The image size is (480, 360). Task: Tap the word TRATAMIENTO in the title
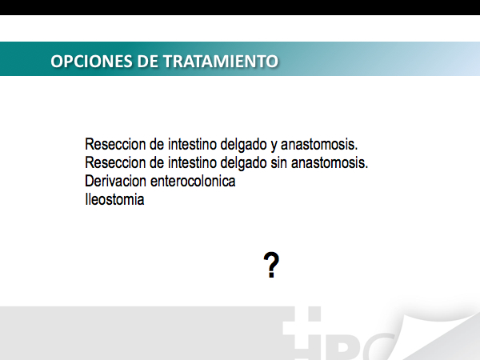tap(221, 61)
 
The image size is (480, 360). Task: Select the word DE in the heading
tap(147, 61)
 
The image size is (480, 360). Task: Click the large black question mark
tap(271, 265)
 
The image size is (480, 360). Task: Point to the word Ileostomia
tap(114, 199)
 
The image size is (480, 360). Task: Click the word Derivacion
tap(115, 181)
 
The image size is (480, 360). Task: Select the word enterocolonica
tap(193, 181)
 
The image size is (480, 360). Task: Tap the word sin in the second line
tap(278, 162)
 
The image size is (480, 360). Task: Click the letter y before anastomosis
tap(274, 146)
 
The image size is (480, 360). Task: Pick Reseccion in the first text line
tap(115, 144)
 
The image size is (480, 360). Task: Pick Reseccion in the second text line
tap(115, 162)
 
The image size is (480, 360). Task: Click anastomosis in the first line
tap(319, 144)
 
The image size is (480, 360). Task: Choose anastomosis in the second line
tap(330, 162)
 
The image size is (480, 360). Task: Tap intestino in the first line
tap(192, 144)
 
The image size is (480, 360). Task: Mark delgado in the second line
tap(243, 164)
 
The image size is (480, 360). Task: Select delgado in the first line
tap(243, 146)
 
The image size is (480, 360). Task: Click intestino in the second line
tap(192, 162)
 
